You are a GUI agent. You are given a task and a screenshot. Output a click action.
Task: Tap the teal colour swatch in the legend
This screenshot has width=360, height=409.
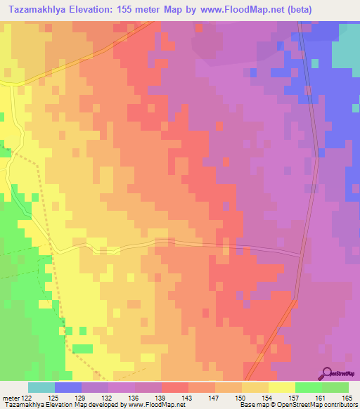pos(41,387)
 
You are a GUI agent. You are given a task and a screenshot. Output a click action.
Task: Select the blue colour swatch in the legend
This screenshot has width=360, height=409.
pos(68,387)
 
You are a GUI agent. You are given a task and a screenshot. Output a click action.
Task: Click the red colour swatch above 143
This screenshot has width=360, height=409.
pos(175,387)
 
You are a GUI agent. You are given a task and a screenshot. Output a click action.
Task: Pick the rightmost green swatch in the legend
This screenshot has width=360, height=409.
pos(335,387)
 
